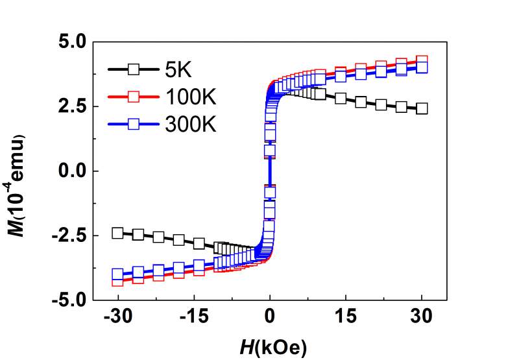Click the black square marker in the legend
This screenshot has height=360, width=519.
coord(133,69)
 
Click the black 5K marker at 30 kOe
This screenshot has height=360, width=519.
coord(422,108)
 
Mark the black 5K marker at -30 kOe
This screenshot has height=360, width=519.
coord(117,233)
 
